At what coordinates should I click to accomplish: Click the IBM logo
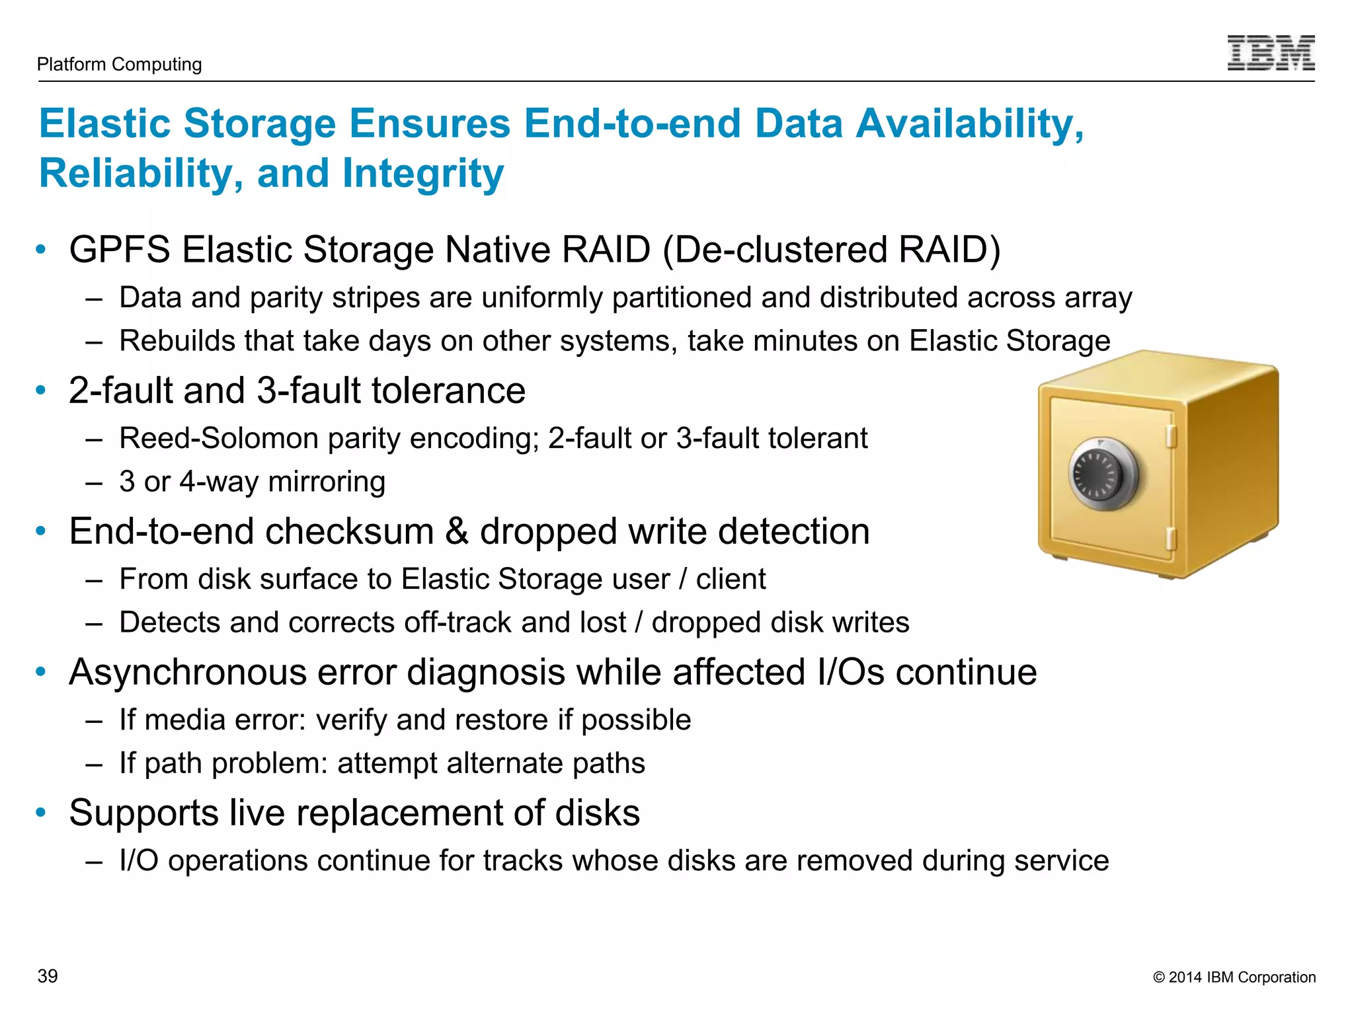click(1270, 53)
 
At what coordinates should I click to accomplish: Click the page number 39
click(48, 976)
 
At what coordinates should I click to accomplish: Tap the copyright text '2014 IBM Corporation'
click(1241, 977)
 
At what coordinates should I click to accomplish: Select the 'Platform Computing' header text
click(120, 64)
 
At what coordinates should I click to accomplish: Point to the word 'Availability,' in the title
click(969, 124)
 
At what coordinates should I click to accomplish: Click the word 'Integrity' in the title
click(422, 174)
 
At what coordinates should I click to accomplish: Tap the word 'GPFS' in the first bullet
click(120, 250)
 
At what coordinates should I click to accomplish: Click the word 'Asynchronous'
click(188, 672)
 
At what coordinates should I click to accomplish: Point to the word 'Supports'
click(143, 813)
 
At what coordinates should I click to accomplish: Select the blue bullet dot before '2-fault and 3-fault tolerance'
click(41, 390)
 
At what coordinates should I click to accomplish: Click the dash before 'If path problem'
click(94, 764)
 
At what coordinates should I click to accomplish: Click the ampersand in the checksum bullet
click(457, 531)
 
